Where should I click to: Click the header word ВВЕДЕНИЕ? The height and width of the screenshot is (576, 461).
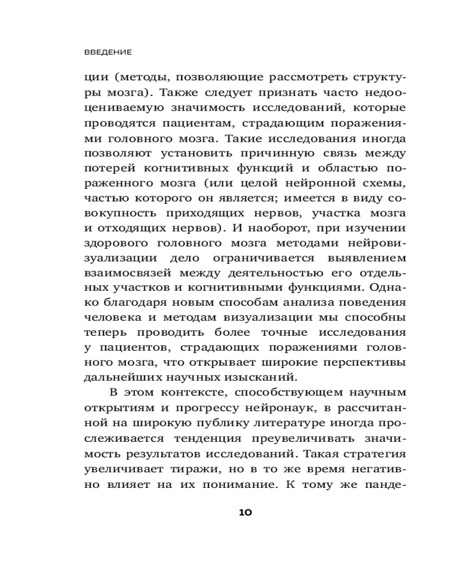tap(108, 52)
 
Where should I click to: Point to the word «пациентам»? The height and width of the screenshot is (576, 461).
tap(175, 124)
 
